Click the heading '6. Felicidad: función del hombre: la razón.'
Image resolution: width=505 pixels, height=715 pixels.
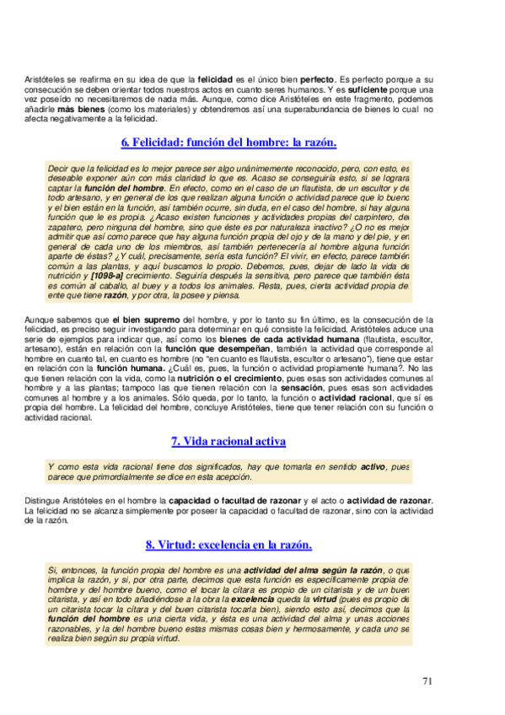228,143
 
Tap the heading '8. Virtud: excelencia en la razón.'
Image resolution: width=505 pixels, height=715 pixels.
228,544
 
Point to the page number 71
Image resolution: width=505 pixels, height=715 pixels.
428,681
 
